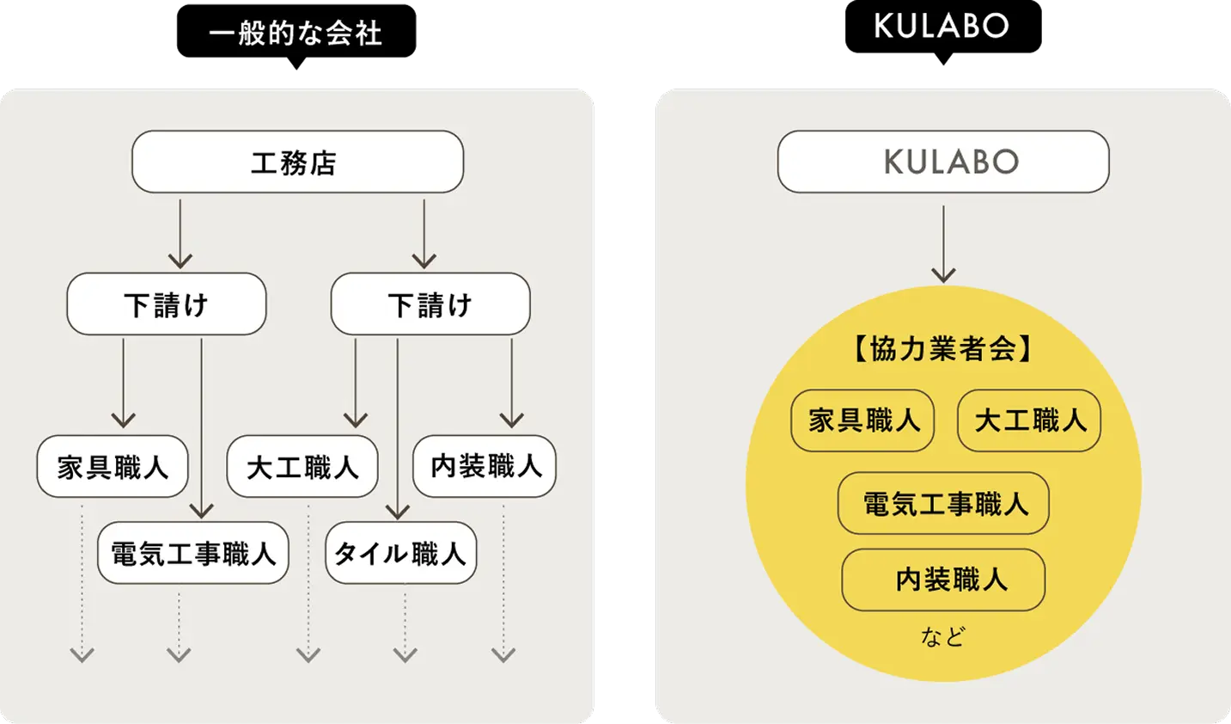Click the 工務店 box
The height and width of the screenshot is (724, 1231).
click(297, 162)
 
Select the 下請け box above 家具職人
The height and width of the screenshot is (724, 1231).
click(167, 304)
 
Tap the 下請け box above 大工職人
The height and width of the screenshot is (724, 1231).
click(430, 304)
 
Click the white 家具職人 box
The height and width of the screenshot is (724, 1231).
click(113, 467)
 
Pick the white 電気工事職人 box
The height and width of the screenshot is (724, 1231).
click(193, 553)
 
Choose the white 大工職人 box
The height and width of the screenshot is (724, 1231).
click(302, 467)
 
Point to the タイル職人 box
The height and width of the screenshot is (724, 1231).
click(400, 553)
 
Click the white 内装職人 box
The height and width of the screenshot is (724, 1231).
click(484, 466)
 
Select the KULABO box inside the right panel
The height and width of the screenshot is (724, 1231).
click(943, 162)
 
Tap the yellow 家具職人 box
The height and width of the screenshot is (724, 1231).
click(862, 420)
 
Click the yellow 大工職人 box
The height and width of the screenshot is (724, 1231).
click(1029, 420)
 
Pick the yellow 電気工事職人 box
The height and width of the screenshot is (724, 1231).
click(943, 504)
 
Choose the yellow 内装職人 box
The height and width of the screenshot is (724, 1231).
click(943, 580)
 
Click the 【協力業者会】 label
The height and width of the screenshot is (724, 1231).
click(943, 349)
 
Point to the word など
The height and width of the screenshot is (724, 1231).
click(943, 636)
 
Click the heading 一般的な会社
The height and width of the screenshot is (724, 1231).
click(296, 34)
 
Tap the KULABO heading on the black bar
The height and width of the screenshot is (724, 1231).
click(942, 26)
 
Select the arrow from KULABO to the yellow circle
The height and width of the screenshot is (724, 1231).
click(943, 244)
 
